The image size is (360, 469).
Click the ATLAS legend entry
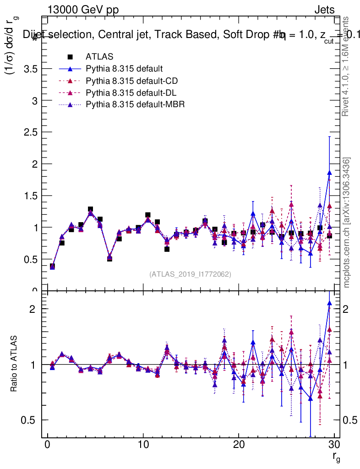point(99,57)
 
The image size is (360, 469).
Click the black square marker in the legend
point(70,57)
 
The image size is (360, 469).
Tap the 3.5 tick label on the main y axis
point(28,69)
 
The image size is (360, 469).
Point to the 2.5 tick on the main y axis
point(28,132)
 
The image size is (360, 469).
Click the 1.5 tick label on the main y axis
point(28,196)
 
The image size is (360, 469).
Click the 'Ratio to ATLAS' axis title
point(14,365)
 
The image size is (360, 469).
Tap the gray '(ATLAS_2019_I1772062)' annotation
point(190,274)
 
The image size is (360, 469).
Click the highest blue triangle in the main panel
point(329,173)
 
